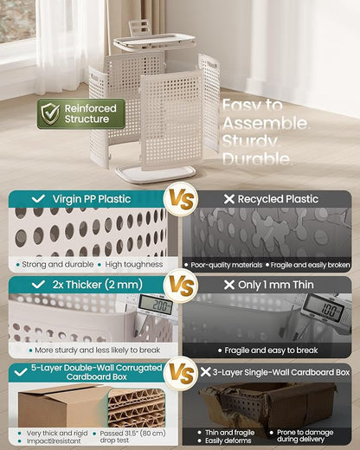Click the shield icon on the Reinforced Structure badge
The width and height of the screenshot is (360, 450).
50,114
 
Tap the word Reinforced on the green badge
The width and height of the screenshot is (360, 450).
91,108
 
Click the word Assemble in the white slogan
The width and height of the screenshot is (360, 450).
266,124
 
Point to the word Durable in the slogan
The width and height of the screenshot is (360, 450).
256,159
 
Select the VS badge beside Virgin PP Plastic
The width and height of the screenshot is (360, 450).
181,199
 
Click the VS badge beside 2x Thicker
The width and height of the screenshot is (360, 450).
181,286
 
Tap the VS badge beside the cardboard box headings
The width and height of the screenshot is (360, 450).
181,374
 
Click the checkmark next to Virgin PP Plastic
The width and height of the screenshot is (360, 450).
38,199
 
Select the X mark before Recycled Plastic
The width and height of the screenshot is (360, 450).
229,199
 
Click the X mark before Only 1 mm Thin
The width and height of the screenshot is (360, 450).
229,285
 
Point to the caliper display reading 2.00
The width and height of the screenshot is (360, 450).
156,305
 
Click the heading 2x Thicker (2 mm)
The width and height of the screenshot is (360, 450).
98,285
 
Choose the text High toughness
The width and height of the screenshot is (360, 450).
134,265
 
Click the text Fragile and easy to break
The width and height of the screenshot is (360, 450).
271,350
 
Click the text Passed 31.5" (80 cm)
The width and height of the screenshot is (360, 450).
132,434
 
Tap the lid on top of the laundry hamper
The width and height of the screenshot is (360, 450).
153,42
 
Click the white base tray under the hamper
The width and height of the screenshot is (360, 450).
156,175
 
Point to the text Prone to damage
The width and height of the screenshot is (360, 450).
305,433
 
